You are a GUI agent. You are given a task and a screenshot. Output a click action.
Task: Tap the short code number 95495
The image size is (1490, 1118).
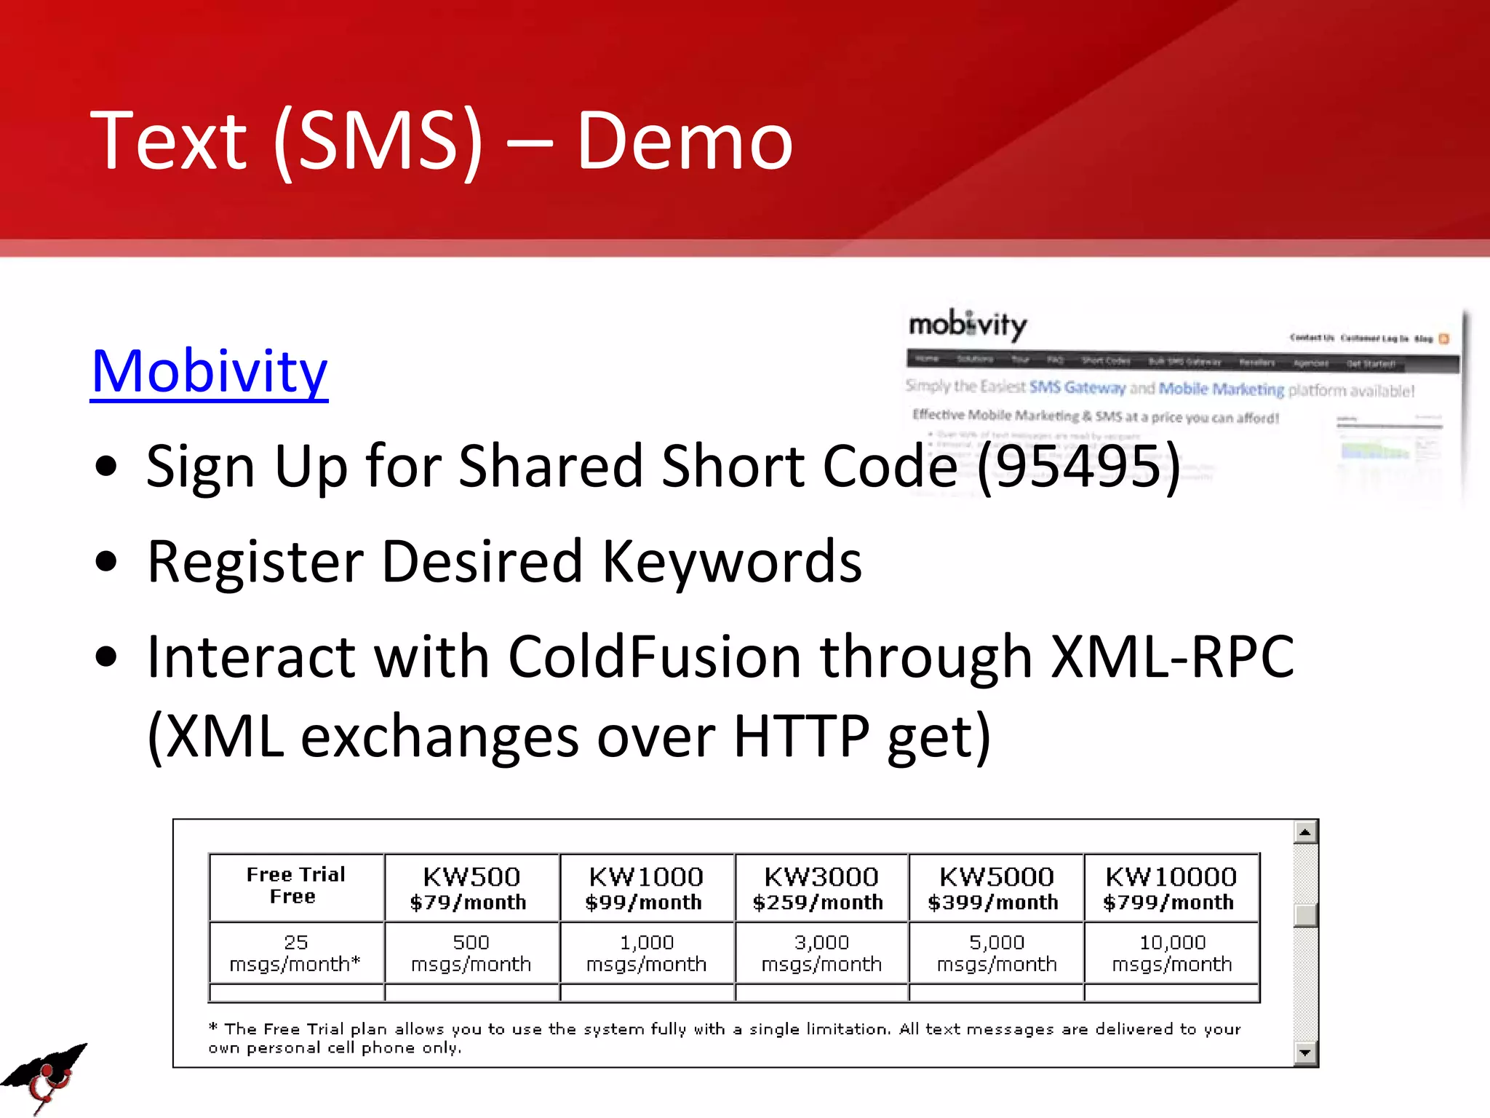click(x=1078, y=467)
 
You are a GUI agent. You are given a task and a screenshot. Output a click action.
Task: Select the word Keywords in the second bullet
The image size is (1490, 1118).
click(x=732, y=561)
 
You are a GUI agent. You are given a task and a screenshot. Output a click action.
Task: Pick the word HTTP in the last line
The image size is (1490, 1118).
click(x=801, y=737)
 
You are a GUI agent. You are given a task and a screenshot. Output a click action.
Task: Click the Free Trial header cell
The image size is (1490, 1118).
click(x=296, y=886)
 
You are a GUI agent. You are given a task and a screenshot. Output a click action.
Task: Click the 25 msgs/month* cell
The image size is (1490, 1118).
click(x=296, y=954)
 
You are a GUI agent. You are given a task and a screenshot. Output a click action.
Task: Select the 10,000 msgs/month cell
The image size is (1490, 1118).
click(x=1171, y=954)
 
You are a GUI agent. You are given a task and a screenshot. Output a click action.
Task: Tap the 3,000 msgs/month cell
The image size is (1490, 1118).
click(x=821, y=954)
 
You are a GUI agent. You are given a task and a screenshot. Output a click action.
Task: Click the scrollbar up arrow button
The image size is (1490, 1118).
click(x=1305, y=833)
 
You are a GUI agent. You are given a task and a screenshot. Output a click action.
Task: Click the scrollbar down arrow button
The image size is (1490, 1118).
click(x=1305, y=1052)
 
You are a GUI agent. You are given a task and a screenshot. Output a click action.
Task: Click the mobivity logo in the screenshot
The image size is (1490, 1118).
click(x=968, y=325)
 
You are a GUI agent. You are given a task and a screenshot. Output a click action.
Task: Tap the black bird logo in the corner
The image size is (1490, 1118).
click(x=44, y=1077)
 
